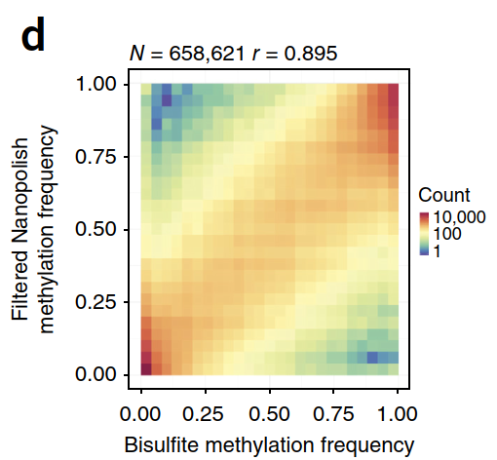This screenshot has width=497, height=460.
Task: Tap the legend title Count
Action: pos(442,195)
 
